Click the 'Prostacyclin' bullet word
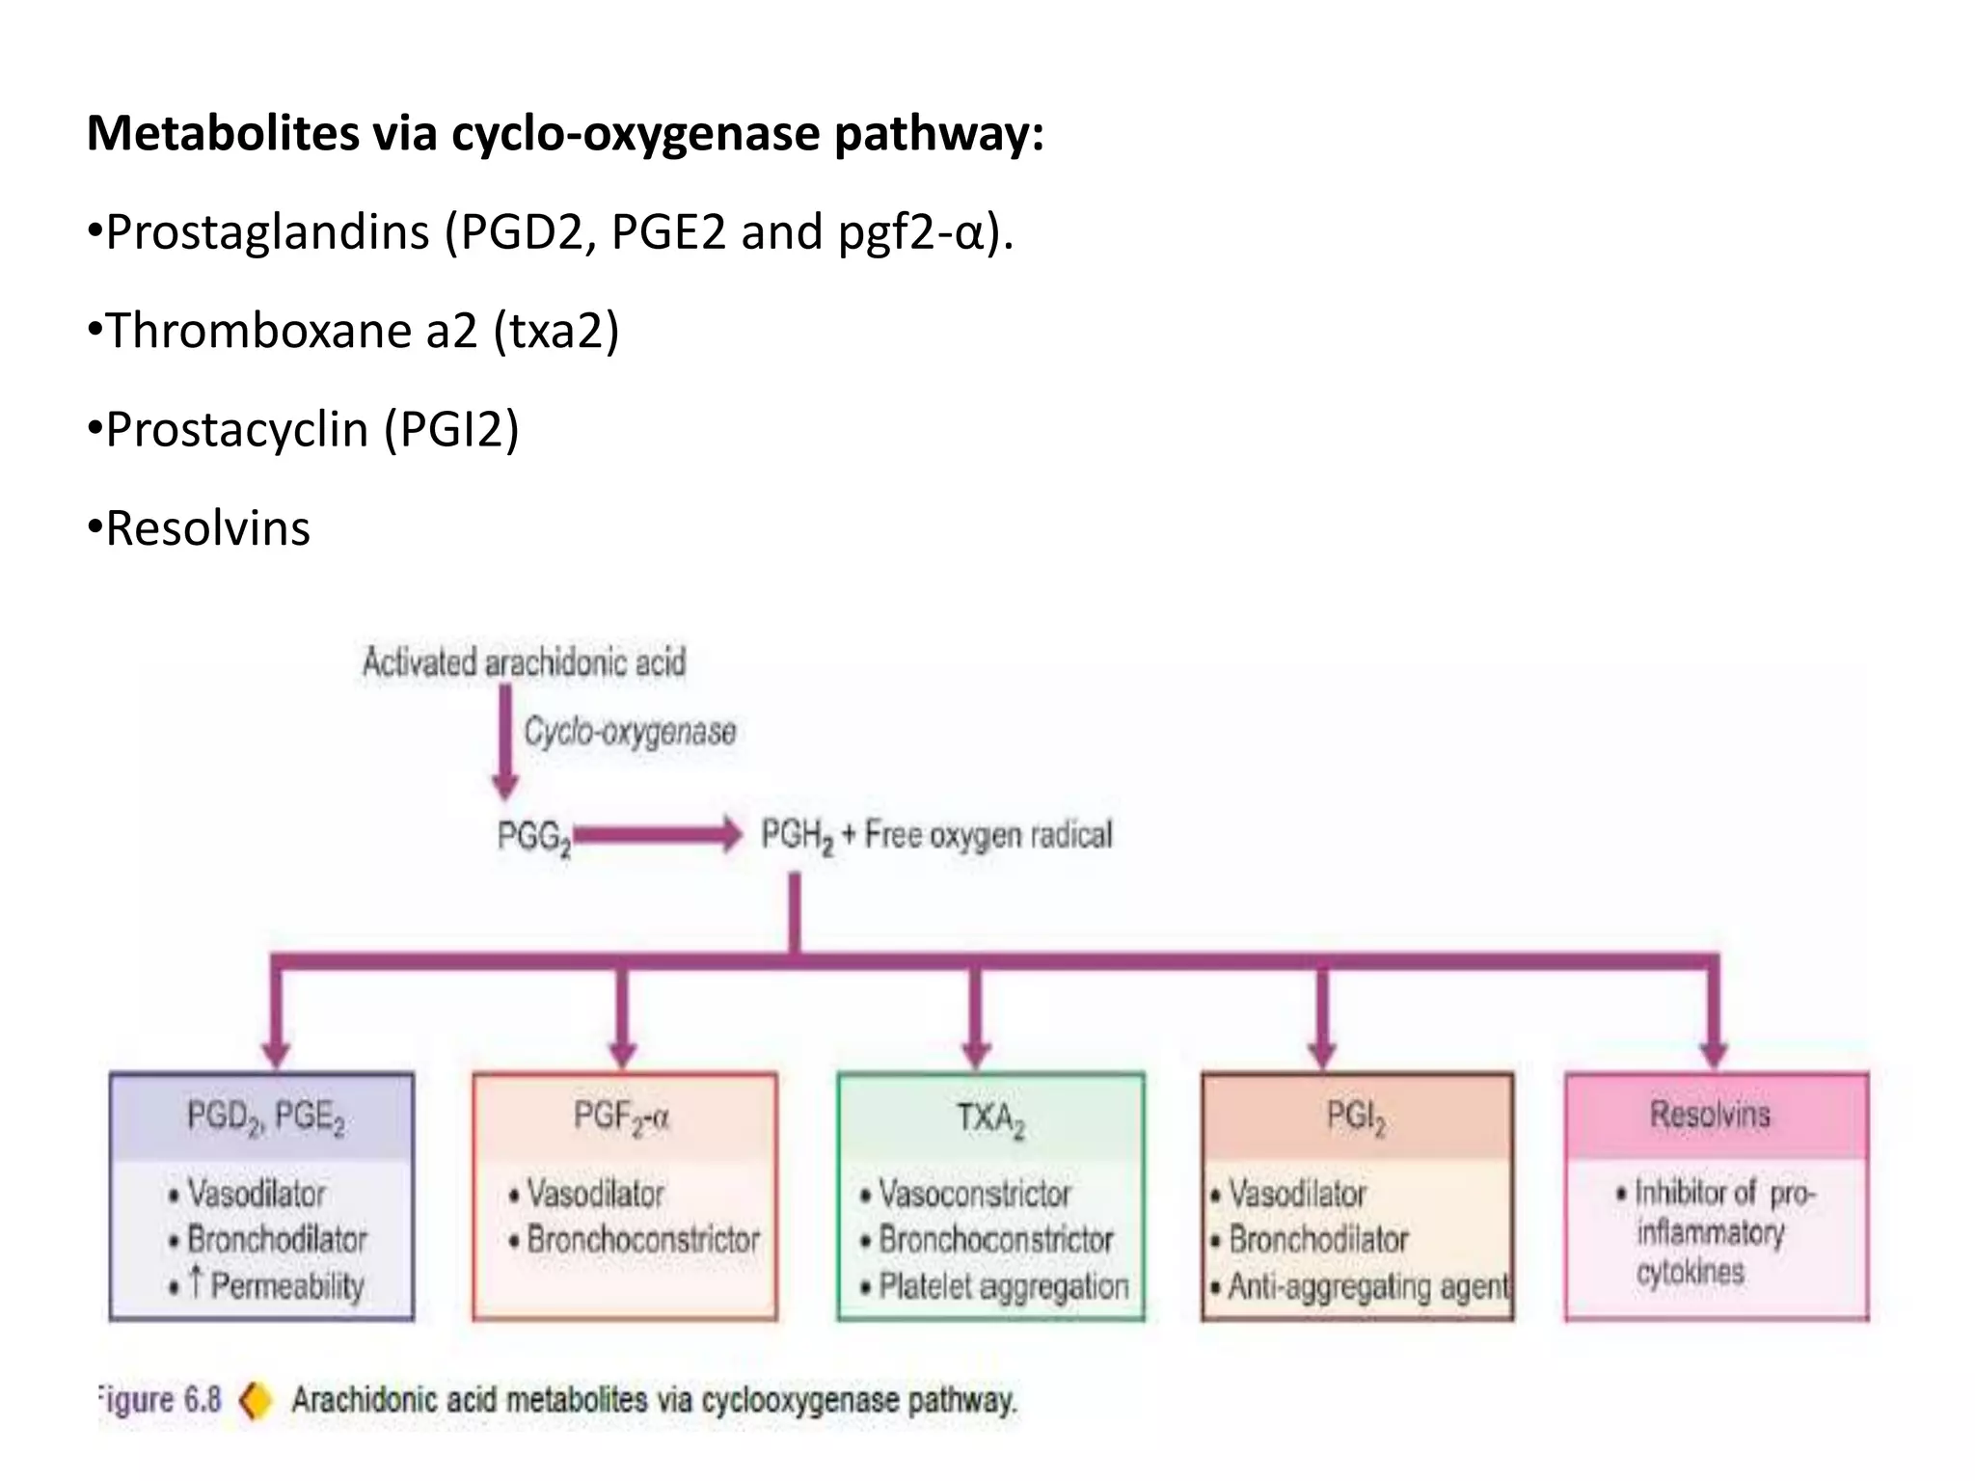click(x=236, y=429)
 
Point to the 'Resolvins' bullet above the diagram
click(x=207, y=528)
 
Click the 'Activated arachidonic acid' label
click(x=524, y=663)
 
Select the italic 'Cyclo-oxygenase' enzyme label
click(x=630, y=732)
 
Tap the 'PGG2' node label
click(x=533, y=836)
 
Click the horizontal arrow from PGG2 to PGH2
click(x=656, y=834)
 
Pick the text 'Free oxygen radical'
click(x=988, y=834)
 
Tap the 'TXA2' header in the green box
click(x=990, y=1118)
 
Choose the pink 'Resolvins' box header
click(x=1710, y=1115)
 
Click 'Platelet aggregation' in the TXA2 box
click(x=1003, y=1286)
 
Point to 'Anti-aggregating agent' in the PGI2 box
click(x=1367, y=1286)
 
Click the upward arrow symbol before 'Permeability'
click(x=196, y=1281)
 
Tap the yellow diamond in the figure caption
click(x=256, y=1400)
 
